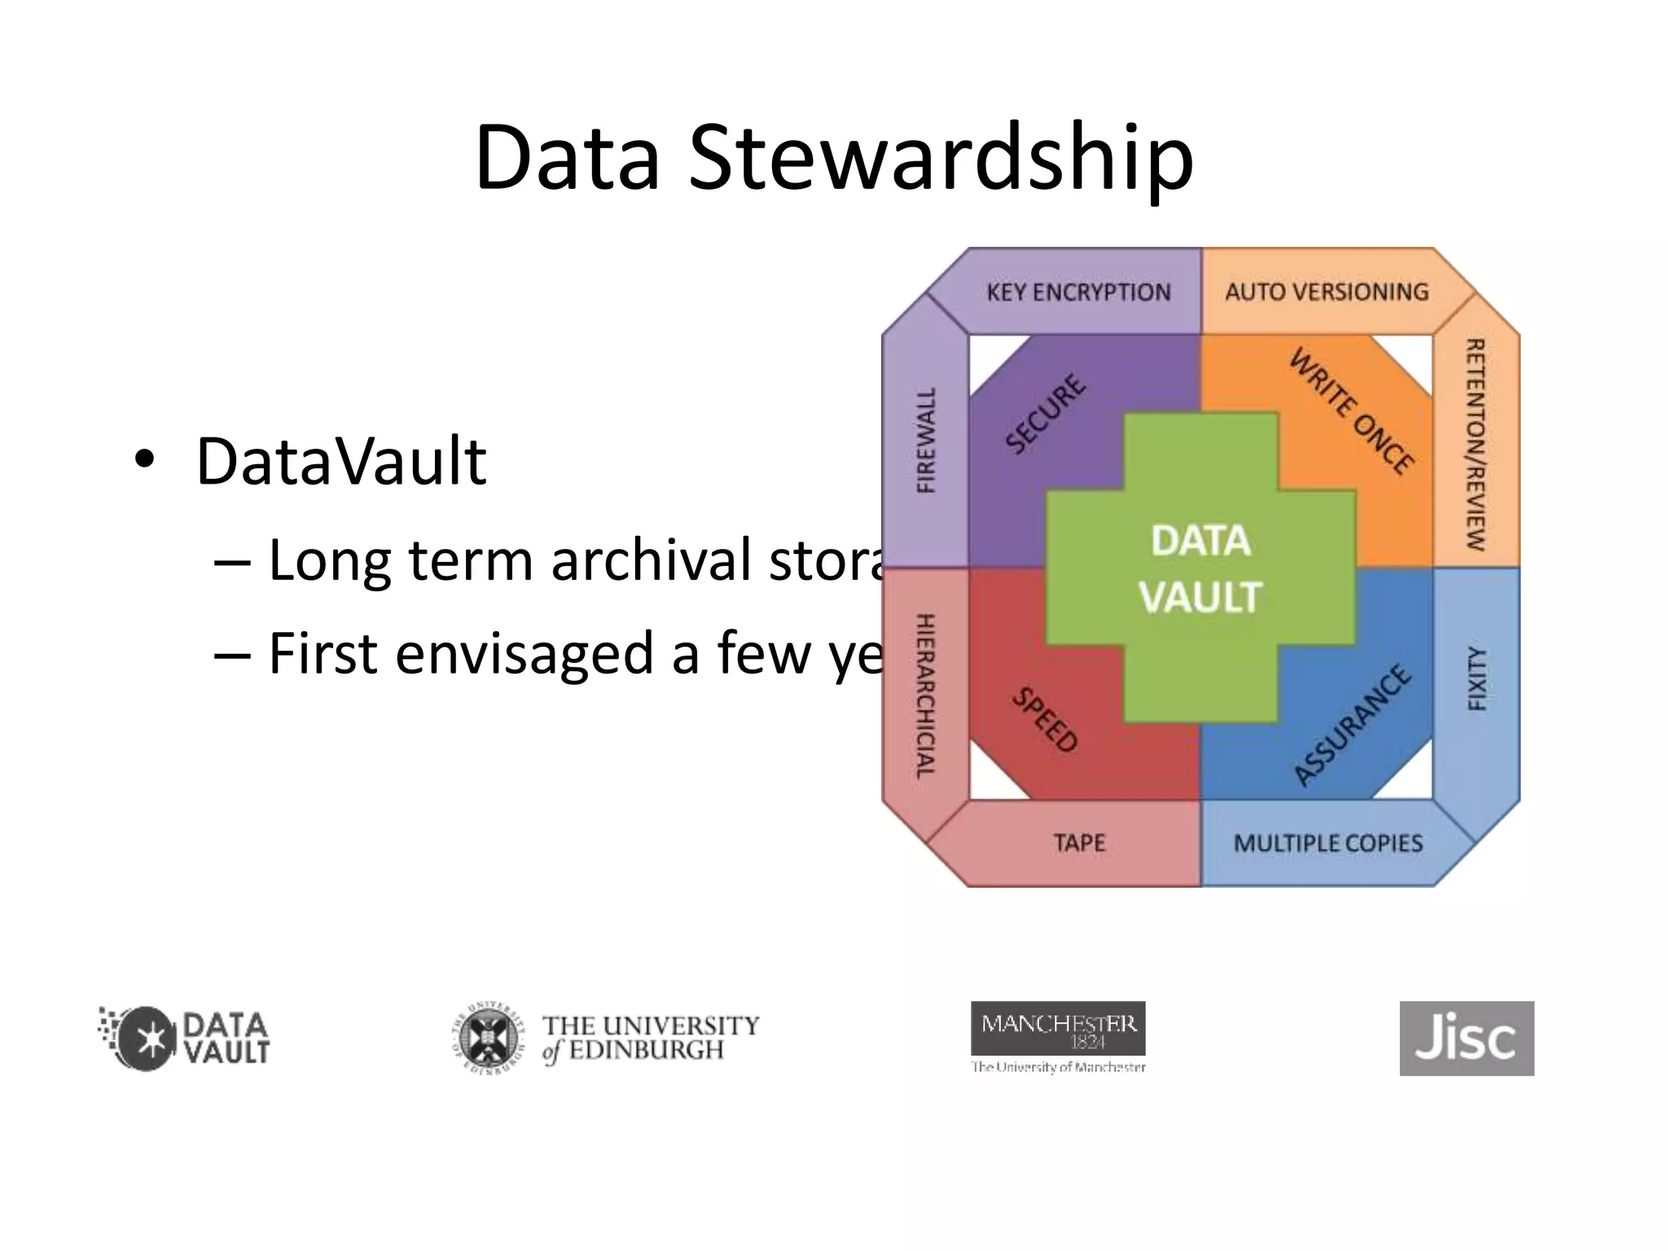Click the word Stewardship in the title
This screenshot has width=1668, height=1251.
[x=941, y=159]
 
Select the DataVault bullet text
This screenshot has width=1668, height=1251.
[x=340, y=462]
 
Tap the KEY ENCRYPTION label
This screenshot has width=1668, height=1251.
[x=1078, y=292]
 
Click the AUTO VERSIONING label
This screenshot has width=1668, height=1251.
[x=1327, y=292]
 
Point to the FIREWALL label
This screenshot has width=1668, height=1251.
[x=926, y=441]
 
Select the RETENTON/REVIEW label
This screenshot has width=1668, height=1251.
[x=1476, y=445]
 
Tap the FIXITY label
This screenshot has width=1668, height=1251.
[x=1477, y=678]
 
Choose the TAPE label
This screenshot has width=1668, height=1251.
[x=1079, y=843]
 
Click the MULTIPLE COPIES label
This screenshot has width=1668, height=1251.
[x=1328, y=844]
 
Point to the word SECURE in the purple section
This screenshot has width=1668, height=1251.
[x=1046, y=414]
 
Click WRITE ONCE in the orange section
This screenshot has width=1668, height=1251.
[x=1351, y=411]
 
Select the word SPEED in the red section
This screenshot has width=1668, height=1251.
[x=1045, y=719]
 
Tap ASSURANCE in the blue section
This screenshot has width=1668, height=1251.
[x=1352, y=725]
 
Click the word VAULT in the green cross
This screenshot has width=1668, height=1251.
[x=1201, y=597]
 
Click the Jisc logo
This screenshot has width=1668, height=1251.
[x=1466, y=1038]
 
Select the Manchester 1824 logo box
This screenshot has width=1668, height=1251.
[x=1058, y=1029]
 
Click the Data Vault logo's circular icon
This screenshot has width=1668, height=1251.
[x=147, y=1038]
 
